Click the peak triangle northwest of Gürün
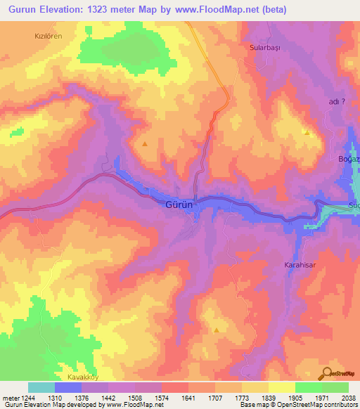coord(145,143)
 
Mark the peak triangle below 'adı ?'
coord(307,132)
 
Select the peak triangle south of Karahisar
coord(217,330)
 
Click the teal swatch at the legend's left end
coord(41,387)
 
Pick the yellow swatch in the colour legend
coord(282,387)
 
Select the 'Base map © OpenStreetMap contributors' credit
coord(297,405)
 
